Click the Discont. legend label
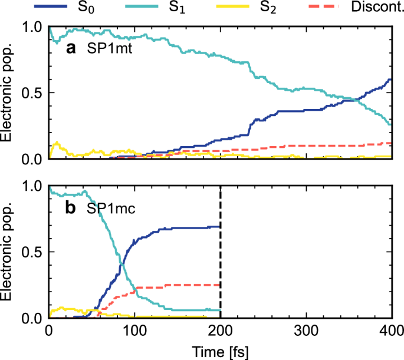(375, 8)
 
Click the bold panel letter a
(71, 49)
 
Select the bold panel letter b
(71, 207)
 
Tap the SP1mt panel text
(110, 49)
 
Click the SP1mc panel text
(111, 208)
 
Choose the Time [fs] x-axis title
(220, 352)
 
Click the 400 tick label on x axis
(392, 331)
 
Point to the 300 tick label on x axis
(306, 331)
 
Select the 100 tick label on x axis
(134, 331)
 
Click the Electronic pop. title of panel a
(8, 93)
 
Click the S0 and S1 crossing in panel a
(357, 100)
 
